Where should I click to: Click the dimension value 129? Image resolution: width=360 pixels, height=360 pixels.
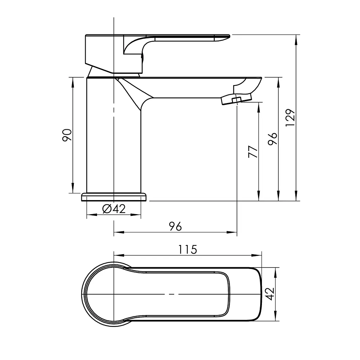[x=290, y=117]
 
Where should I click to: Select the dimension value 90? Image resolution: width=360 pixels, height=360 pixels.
[x=67, y=135]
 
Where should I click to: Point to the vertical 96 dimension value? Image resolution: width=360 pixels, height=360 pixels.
[x=273, y=139]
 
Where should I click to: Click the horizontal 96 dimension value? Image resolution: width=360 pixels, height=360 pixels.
[x=175, y=226]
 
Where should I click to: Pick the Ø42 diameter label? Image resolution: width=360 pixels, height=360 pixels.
[x=114, y=209]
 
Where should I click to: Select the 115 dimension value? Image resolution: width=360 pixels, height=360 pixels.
[x=188, y=250]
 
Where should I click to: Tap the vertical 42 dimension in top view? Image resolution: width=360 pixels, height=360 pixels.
[x=270, y=294]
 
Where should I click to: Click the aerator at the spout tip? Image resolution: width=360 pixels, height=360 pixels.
[x=237, y=99]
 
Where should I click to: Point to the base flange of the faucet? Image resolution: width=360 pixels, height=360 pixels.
[x=114, y=197]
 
